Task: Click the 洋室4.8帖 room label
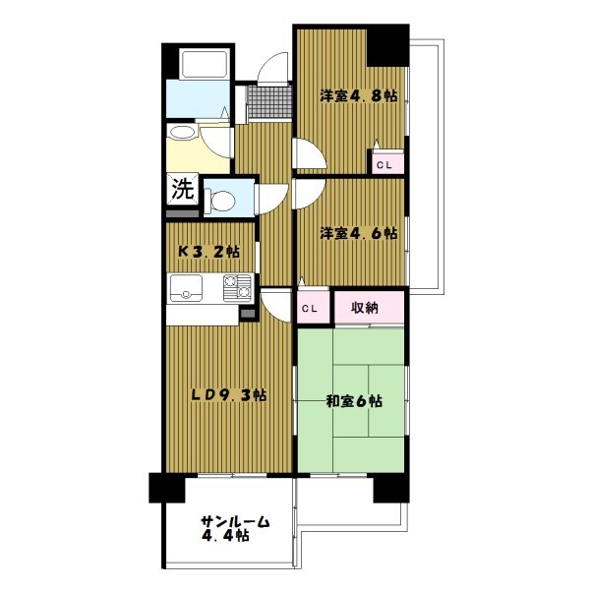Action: (x=359, y=95)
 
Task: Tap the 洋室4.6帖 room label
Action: (x=359, y=233)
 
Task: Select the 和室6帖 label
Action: (x=354, y=401)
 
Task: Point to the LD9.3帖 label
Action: (x=229, y=394)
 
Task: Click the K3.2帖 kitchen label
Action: (x=208, y=251)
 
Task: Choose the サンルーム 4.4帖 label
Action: (x=235, y=528)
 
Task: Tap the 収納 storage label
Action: (x=364, y=308)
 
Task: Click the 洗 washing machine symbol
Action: (x=183, y=189)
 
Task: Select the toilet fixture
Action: (x=219, y=200)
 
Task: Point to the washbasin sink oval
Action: (x=182, y=132)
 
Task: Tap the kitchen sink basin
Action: (x=186, y=288)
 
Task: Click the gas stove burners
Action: (x=237, y=288)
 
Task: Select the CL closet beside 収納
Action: (x=313, y=307)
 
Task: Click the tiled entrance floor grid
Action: (x=269, y=102)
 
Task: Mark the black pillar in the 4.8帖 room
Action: (x=387, y=45)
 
